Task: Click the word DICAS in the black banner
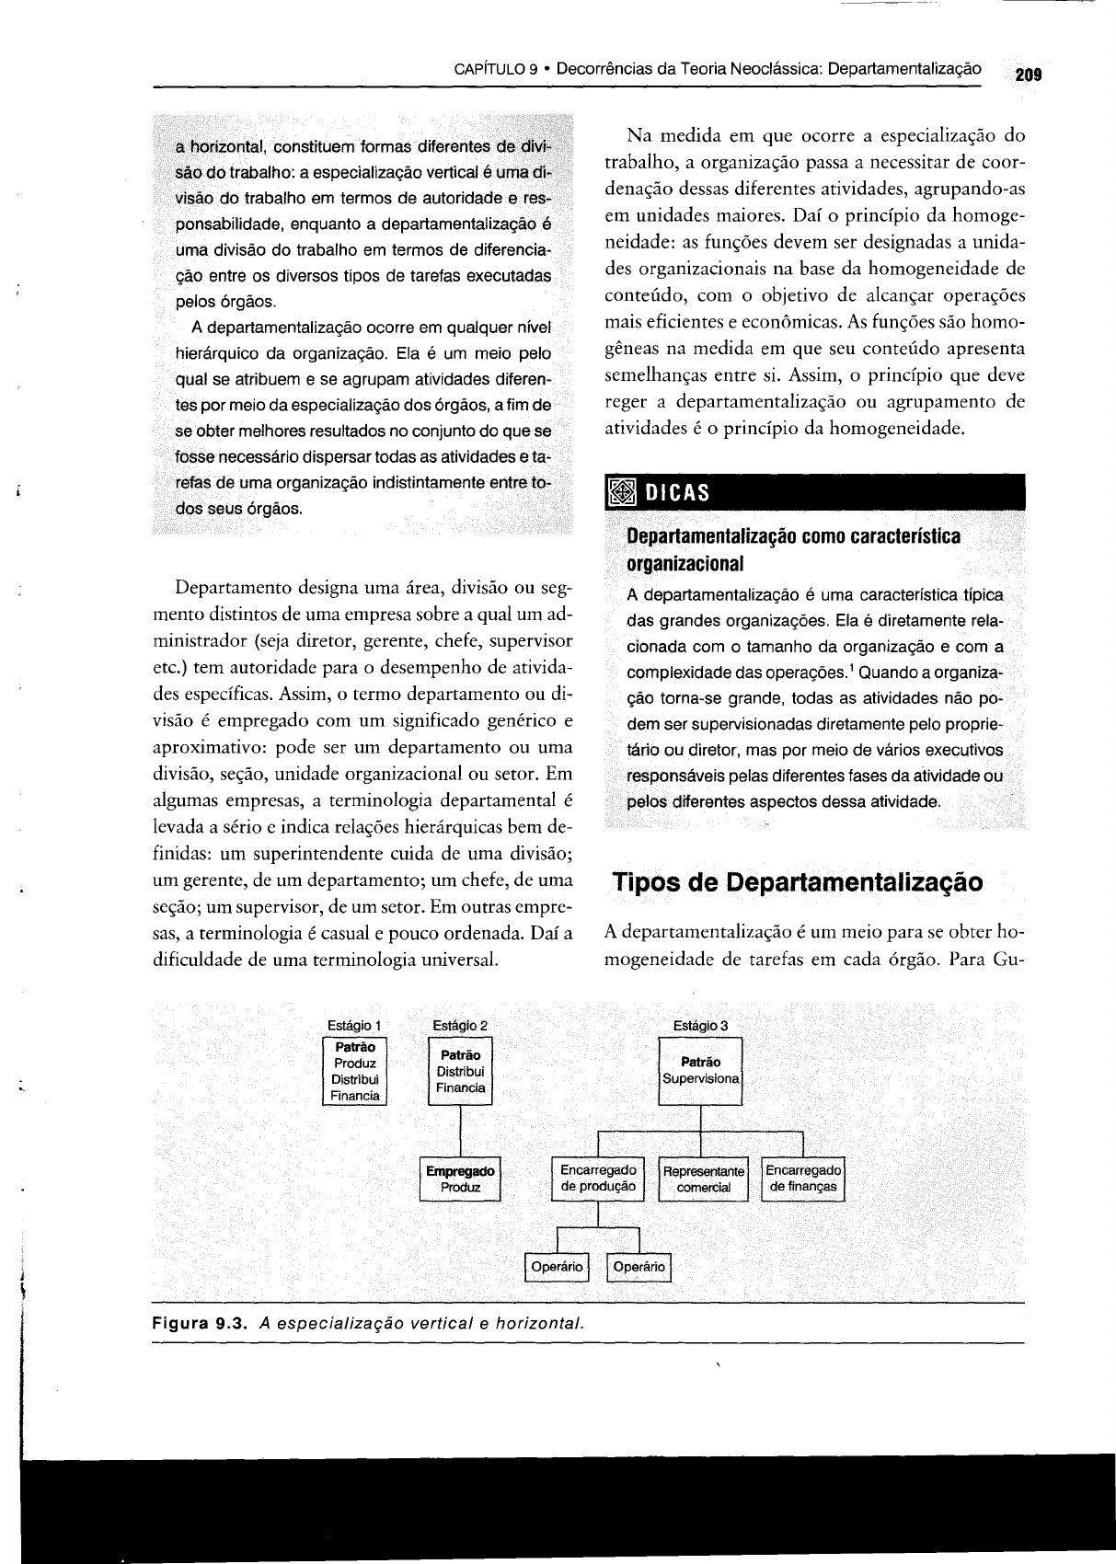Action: pos(677,493)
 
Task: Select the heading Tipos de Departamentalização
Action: pos(798,882)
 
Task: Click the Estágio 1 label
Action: pos(354,1025)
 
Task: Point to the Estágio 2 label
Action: pos(460,1025)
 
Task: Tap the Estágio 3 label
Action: pos(701,1025)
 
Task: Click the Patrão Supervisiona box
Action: pos(701,1070)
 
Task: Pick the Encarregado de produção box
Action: pos(598,1179)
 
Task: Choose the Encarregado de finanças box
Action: pos(803,1179)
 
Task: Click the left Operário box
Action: pos(557,1267)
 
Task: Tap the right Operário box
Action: pos(639,1267)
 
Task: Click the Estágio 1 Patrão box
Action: pos(355,1071)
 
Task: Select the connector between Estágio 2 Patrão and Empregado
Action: pos(460,1130)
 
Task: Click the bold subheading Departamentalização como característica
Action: pos(793,536)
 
